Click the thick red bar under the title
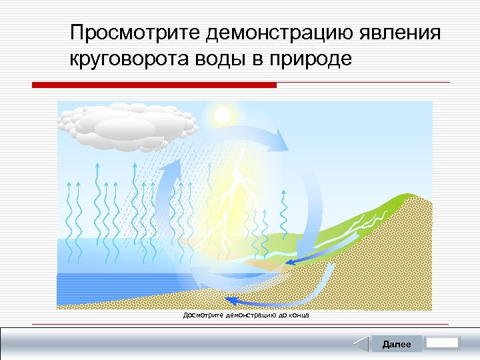coord(155,85)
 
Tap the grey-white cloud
coord(127,124)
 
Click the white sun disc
coord(221,115)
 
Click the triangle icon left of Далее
coord(361,344)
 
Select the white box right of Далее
coord(442,343)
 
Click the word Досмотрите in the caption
coord(204,315)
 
